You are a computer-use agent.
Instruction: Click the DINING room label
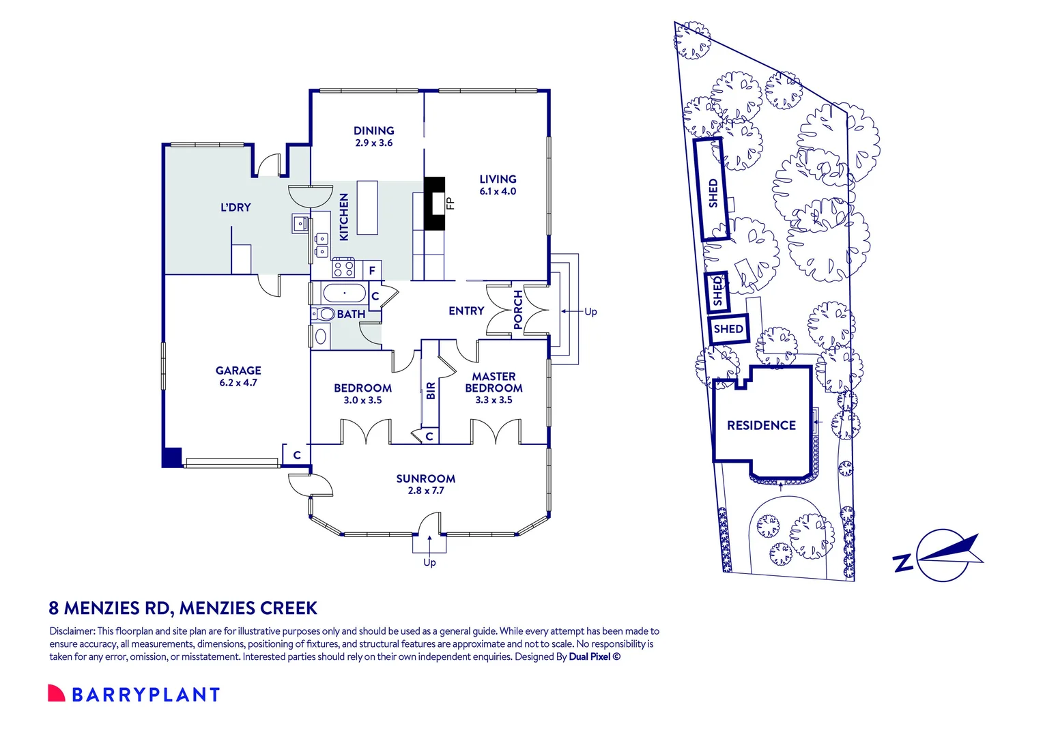[373, 130]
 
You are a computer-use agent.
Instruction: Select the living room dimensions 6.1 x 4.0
[498, 192]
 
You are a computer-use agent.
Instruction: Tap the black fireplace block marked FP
[434, 203]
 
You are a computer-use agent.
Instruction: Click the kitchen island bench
[367, 207]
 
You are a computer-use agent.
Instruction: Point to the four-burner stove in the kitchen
[343, 268]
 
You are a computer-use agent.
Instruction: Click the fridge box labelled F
[372, 270]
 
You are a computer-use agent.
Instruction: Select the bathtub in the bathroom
[345, 294]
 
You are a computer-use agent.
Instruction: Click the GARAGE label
[238, 371]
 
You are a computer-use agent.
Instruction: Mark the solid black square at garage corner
[171, 457]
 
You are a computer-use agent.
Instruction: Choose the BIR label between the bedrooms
[431, 391]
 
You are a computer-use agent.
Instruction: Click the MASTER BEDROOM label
[494, 382]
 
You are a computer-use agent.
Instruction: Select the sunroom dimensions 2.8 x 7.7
[426, 491]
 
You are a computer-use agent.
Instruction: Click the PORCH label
[518, 310]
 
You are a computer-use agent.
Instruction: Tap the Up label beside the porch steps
[590, 312]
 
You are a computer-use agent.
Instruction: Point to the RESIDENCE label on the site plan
[761, 426]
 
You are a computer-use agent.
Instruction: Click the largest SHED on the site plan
[712, 190]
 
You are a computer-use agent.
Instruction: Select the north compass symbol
[943, 554]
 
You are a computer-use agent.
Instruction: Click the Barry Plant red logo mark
[56, 693]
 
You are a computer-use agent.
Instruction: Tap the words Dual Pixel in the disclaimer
[589, 657]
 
